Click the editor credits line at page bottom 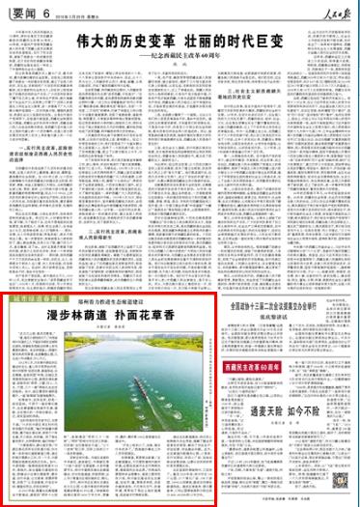pos(290,501)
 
